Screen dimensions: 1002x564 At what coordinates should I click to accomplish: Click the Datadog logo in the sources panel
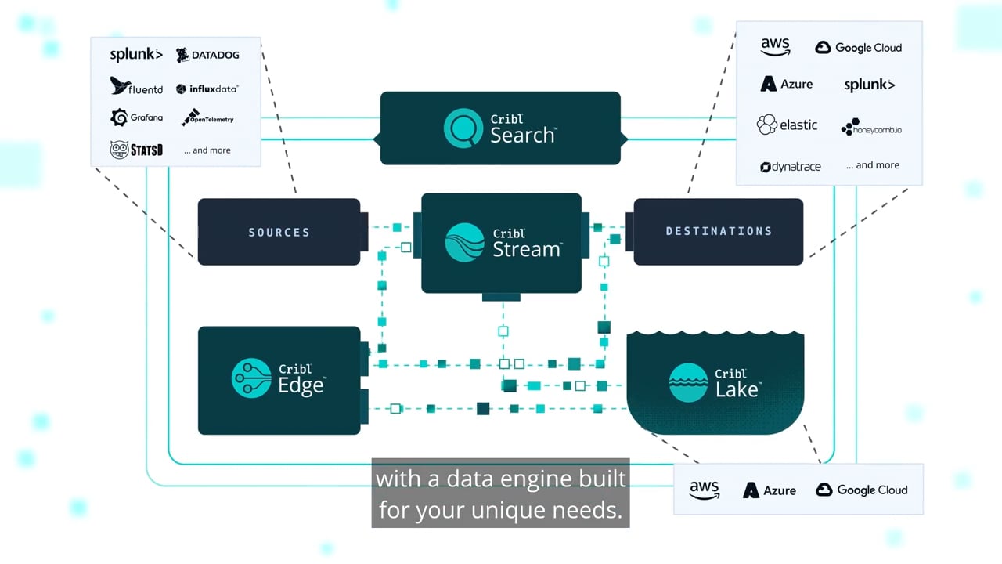pyautogui.click(x=207, y=55)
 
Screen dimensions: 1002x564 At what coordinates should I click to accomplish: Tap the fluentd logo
pyautogui.click(x=136, y=86)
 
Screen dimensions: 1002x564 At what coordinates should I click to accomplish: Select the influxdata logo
pyautogui.click(x=207, y=89)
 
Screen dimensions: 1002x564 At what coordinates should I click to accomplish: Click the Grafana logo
pyautogui.click(x=136, y=117)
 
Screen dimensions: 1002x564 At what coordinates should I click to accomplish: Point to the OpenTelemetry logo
pyautogui.click(x=207, y=117)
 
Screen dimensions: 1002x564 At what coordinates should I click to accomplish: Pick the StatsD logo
pyautogui.click(x=136, y=150)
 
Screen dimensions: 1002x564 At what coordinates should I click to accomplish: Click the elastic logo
pyautogui.click(x=788, y=125)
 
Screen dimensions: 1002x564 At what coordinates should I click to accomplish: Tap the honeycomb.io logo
pyautogui.click(x=871, y=127)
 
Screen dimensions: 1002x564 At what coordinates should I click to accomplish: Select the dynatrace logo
pyautogui.click(x=791, y=167)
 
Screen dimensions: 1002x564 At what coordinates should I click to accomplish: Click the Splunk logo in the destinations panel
pyautogui.click(x=870, y=85)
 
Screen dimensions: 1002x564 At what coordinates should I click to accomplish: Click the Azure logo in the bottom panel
pyautogui.click(x=770, y=490)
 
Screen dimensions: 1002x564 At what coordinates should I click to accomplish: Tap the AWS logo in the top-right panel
pyautogui.click(x=775, y=46)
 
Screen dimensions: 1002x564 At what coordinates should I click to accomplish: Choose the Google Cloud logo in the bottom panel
pyautogui.click(x=862, y=490)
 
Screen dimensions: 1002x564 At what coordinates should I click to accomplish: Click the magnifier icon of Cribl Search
pyautogui.click(x=463, y=128)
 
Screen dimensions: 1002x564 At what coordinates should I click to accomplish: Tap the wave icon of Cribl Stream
pyautogui.click(x=465, y=242)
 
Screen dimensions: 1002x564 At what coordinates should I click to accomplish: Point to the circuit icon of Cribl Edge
pyautogui.click(x=251, y=378)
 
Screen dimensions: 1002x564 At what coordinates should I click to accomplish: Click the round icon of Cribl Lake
pyautogui.click(x=688, y=383)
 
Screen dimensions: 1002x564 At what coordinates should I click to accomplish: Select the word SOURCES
pyautogui.click(x=279, y=233)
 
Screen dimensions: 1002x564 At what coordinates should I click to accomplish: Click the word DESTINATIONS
pyautogui.click(x=719, y=231)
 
